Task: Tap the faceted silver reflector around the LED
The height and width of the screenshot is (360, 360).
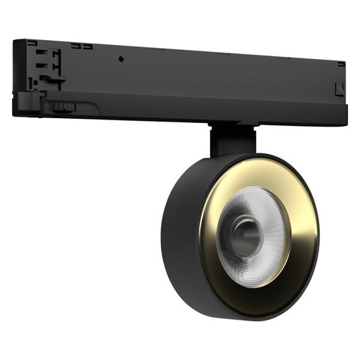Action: [266, 218]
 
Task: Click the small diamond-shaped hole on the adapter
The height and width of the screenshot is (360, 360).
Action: [120, 58]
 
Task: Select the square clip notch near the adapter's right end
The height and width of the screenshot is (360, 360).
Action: [337, 89]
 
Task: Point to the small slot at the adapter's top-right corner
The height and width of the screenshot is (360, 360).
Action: [340, 64]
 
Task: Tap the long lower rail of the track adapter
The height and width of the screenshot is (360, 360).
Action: [211, 112]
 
